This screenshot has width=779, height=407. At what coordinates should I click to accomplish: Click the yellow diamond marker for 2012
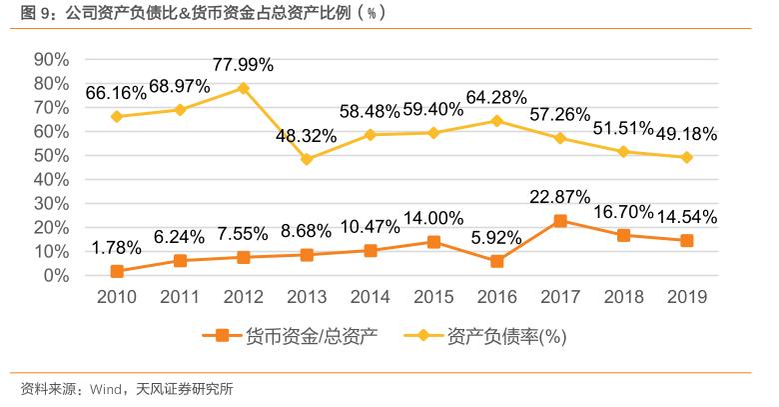pyautogui.click(x=243, y=88)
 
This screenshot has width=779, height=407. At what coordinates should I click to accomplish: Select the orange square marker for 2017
pyautogui.click(x=560, y=220)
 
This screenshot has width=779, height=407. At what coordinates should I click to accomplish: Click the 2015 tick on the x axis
pyautogui.click(x=433, y=297)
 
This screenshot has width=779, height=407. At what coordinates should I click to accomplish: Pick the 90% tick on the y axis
pyautogui.click(x=51, y=60)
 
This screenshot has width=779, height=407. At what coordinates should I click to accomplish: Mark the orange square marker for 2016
pyautogui.click(x=496, y=261)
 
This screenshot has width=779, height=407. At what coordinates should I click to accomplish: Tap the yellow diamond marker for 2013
pyautogui.click(x=307, y=159)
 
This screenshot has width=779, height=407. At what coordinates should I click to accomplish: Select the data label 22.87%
pyautogui.click(x=559, y=197)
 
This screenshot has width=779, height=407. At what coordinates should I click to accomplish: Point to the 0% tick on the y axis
pyautogui.click(x=56, y=275)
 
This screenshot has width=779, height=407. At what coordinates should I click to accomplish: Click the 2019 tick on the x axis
pyautogui.click(x=687, y=297)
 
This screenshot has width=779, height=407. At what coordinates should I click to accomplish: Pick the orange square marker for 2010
pyautogui.click(x=116, y=271)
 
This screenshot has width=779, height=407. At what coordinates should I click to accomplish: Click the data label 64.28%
pyautogui.click(x=496, y=97)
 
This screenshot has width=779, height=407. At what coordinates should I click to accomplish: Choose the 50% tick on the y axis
pyautogui.click(x=51, y=155)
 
